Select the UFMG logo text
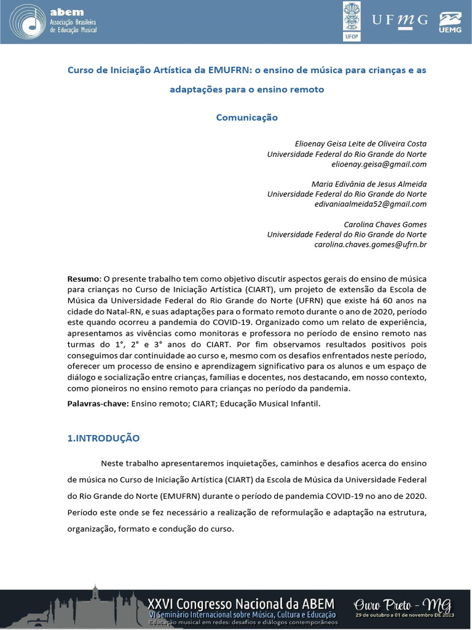click(399, 20)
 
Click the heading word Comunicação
click(247, 118)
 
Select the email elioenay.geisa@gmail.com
click(379, 164)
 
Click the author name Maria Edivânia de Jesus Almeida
click(369, 184)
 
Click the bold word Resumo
click(82, 279)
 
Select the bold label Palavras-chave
click(98, 404)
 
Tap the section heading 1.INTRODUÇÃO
click(103, 439)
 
